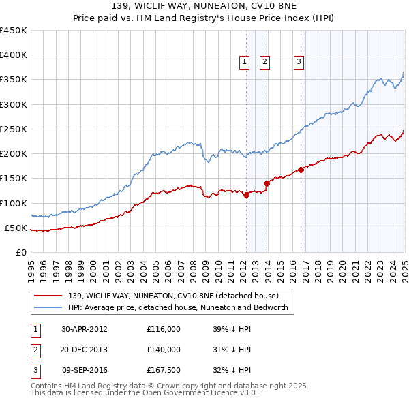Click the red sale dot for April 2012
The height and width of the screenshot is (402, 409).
coord(246,195)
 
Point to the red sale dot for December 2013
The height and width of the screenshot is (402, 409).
coord(267,183)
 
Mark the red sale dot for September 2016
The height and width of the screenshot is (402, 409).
coord(301,170)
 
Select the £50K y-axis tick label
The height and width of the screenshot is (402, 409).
coord(16,228)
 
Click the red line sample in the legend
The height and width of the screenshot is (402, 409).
coord(48,296)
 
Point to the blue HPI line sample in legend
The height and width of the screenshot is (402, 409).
coord(48,307)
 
